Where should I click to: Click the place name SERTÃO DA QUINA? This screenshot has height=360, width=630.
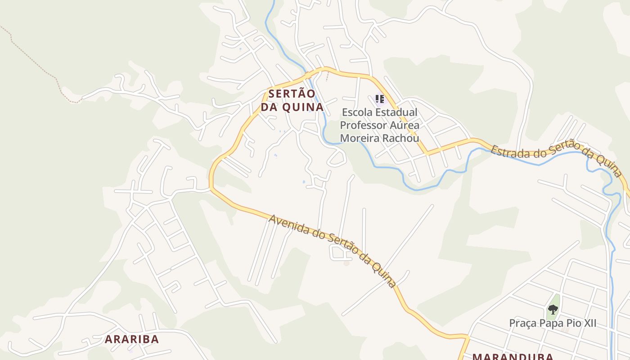(292, 100)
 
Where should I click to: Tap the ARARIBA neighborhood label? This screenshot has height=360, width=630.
(132, 339)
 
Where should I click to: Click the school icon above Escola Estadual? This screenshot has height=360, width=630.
(379, 99)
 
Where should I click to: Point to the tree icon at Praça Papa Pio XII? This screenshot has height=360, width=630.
(553, 310)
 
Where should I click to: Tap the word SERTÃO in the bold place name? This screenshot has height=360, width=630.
(292, 94)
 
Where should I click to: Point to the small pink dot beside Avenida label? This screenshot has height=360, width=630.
(346, 263)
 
